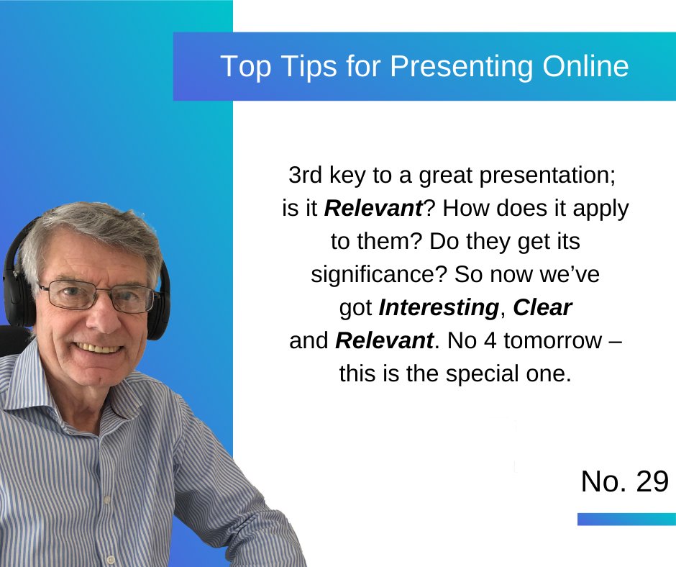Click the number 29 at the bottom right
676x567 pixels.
652,482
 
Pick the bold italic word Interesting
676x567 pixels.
438,308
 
